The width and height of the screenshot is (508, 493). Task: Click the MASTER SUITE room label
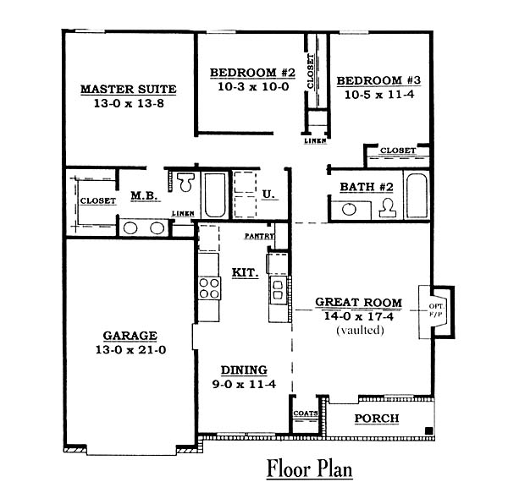click(x=129, y=89)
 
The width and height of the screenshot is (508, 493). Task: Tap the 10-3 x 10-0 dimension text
click(x=253, y=87)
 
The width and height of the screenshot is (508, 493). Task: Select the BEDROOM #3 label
click(x=378, y=80)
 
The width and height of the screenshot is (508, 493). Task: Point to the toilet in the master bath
click(x=185, y=182)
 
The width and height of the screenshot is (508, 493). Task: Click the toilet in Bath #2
click(x=388, y=207)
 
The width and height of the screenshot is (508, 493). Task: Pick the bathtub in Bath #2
click(x=417, y=195)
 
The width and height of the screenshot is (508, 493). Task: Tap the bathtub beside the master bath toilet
click(x=215, y=195)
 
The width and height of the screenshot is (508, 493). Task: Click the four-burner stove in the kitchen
click(x=209, y=288)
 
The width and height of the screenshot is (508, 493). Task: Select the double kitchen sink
click(x=278, y=290)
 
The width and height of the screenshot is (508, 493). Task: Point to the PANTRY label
click(x=259, y=236)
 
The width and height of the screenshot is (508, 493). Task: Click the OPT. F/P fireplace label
click(x=436, y=309)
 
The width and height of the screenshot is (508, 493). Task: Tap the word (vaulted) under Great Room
click(x=361, y=331)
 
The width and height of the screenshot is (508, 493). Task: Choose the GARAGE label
click(x=130, y=336)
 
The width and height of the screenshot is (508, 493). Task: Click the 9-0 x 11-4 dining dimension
click(x=244, y=384)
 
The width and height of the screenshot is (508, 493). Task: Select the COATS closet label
click(x=305, y=414)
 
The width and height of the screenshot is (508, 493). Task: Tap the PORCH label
click(x=377, y=419)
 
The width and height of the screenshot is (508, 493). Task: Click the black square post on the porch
click(x=428, y=431)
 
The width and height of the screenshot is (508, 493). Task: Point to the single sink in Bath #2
click(x=349, y=209)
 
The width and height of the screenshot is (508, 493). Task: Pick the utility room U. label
click(x=268, y=194)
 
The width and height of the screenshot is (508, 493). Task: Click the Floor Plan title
click(x=309, y=468)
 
